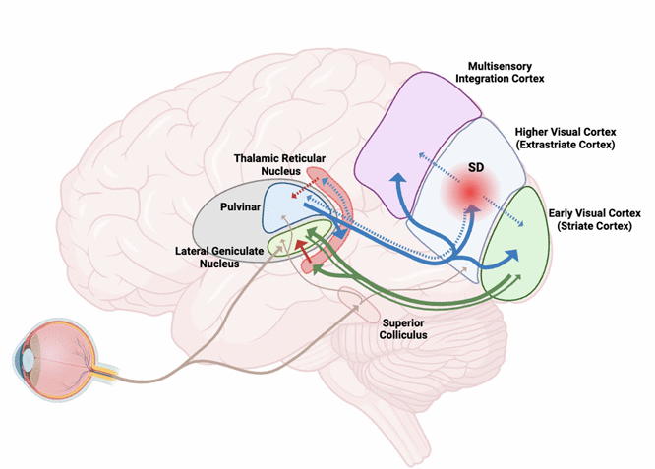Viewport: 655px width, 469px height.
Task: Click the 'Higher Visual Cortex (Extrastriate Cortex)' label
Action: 564,138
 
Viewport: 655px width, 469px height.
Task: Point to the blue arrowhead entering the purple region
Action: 397,179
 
